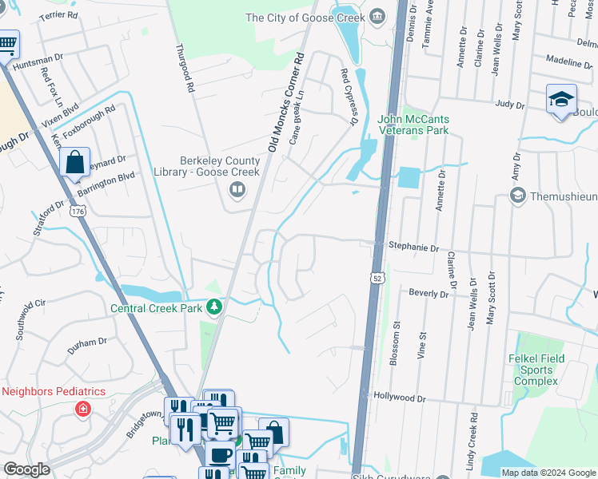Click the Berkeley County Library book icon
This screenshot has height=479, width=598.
[237, 190]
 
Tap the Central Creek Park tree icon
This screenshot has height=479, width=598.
[213, 307]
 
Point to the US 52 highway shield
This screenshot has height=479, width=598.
[377, 277]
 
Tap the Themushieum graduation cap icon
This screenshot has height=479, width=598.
[517, 196]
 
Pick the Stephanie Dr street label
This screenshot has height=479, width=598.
[413, 248]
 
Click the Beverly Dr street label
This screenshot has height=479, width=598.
[429, 294]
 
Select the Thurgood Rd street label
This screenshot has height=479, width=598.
[185, 69]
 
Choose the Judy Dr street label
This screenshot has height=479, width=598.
[508, 104]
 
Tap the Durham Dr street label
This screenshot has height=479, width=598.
[87, 342]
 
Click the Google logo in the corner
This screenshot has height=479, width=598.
[27, 469]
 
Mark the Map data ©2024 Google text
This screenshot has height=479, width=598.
[548, 473]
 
